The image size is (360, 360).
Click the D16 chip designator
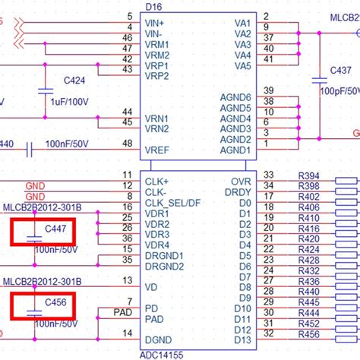[202, 5]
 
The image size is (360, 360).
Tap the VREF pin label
[158, 150]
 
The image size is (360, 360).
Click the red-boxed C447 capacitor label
[55, 229]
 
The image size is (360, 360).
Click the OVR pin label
[241, 182]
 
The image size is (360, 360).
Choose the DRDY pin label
[239, 193]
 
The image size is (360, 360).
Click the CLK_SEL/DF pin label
[172, 203]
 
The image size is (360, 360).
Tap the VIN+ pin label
[156, 23]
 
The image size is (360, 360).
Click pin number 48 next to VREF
[126, 144]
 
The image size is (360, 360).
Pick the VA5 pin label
[243, 66]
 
